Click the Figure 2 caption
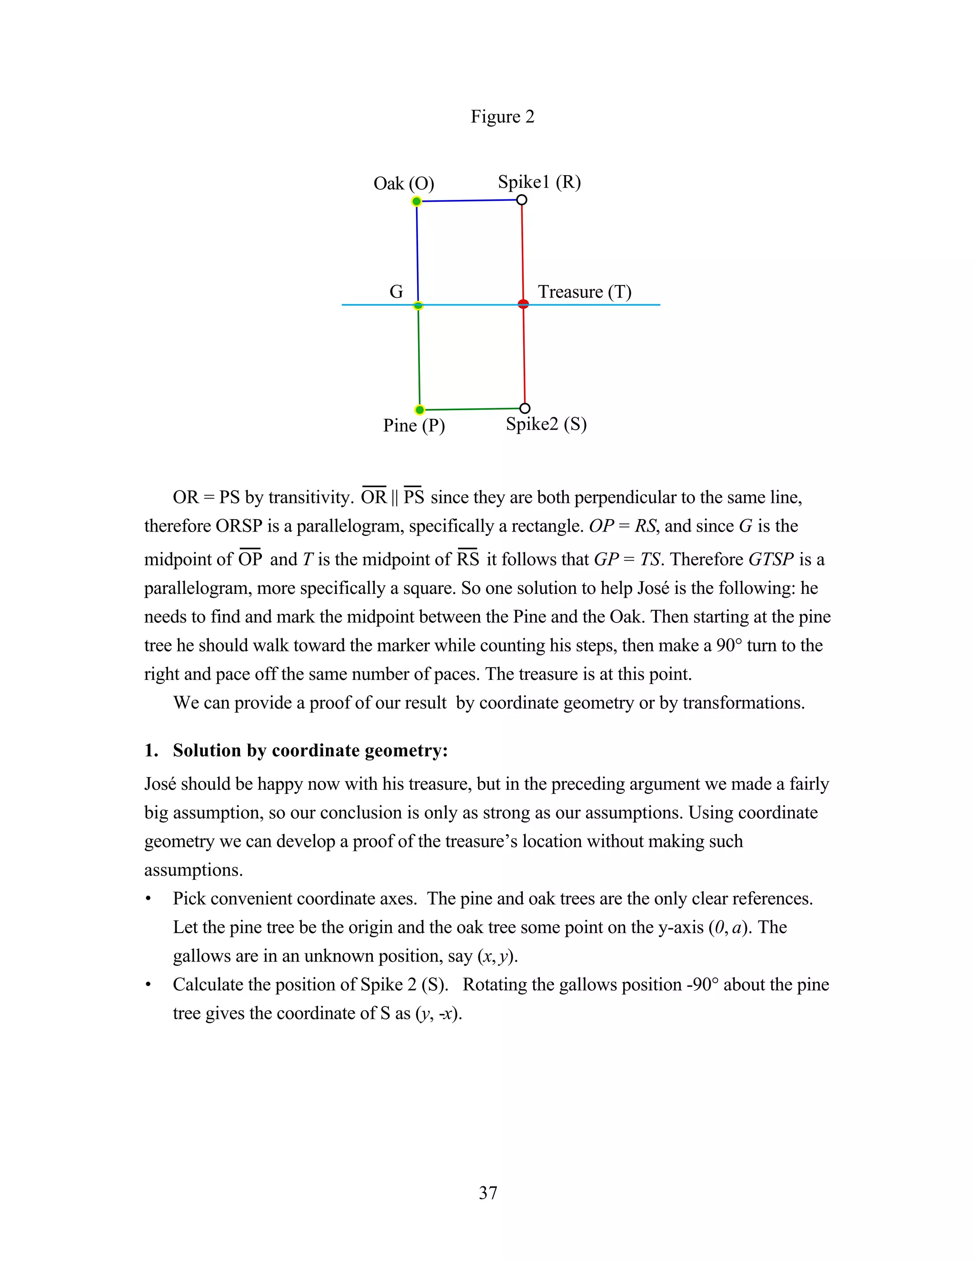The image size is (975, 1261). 502,117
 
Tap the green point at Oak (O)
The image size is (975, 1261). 417,201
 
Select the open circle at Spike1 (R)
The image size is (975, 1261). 522,200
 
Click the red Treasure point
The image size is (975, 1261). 523,304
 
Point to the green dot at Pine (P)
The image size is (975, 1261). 420,410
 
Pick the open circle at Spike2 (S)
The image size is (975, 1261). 525,408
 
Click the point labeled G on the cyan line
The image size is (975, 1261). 418,305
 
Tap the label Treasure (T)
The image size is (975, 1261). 585,292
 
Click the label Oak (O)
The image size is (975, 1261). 404,184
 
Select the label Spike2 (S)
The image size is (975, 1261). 546,424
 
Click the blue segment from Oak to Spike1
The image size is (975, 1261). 469,201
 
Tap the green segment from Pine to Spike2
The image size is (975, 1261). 472,409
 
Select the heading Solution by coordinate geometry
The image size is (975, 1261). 310,750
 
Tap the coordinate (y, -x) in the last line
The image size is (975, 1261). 438,1013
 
